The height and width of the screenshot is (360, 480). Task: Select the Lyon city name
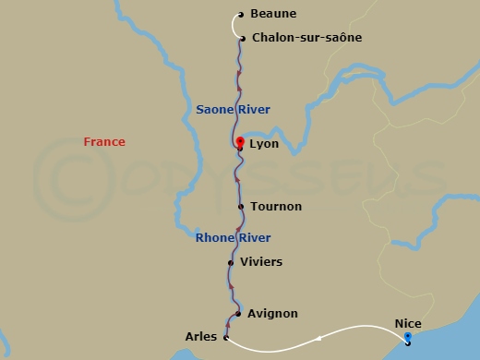(264, 144)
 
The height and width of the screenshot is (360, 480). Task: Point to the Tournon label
(275, 207)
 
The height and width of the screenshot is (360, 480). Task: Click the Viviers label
(261, 262)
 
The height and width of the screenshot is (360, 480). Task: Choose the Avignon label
(272, 314)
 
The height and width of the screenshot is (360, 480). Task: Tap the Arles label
(201, 337)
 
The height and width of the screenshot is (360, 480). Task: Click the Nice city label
(408, 324)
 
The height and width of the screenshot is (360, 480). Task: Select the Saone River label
(233, 110)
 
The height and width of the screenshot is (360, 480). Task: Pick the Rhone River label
(233, 237)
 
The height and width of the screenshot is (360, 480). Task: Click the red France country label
(104, 142)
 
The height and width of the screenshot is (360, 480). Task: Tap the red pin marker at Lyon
(239, 142)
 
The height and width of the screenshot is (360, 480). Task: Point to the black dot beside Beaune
(240, 15)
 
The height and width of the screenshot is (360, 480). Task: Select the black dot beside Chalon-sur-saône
(241, 39)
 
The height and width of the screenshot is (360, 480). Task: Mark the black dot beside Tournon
(241, 207)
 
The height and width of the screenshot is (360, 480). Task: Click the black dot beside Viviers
(231, 262)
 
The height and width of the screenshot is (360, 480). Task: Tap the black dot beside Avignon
(238, 314)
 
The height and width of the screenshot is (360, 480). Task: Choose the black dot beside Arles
(226, 338)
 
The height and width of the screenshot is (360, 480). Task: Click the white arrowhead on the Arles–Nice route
(318, 338)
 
